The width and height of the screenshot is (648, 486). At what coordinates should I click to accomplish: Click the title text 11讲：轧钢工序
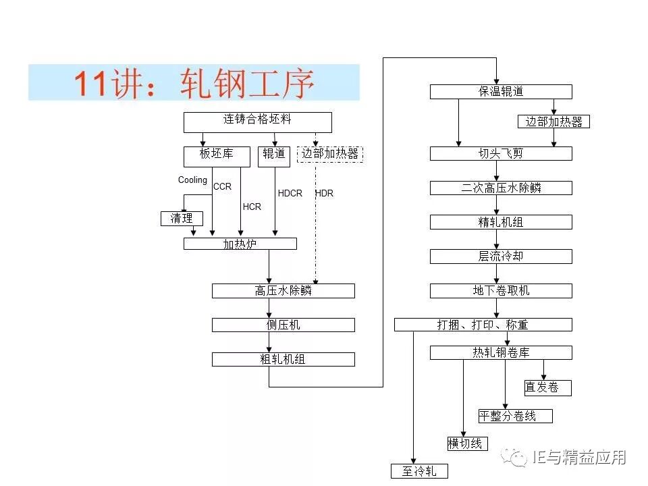194,83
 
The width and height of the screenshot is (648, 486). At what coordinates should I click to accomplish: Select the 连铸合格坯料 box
258,122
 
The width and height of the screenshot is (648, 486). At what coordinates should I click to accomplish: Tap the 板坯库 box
216,155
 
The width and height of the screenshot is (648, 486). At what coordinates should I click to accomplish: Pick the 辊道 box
273,155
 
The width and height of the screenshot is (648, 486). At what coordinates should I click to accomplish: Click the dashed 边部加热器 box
330,155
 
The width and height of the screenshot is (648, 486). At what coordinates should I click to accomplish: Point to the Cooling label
192,180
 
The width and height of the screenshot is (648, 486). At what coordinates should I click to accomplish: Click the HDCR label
290,193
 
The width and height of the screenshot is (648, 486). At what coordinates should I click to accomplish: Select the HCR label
252,207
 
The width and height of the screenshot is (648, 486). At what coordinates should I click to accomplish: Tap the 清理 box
182,219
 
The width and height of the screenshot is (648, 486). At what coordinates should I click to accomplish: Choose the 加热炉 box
240,244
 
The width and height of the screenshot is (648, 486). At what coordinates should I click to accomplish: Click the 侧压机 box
283,325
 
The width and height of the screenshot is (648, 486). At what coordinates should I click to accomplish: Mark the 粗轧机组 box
283,359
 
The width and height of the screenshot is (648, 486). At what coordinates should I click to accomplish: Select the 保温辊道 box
501,92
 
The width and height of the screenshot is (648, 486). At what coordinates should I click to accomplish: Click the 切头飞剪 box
501,154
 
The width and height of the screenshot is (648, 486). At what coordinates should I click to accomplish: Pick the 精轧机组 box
501,222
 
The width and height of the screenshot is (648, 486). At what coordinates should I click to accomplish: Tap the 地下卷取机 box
501,290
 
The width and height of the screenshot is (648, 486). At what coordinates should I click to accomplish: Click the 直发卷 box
547,387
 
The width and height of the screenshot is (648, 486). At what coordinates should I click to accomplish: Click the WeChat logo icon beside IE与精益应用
518,458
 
